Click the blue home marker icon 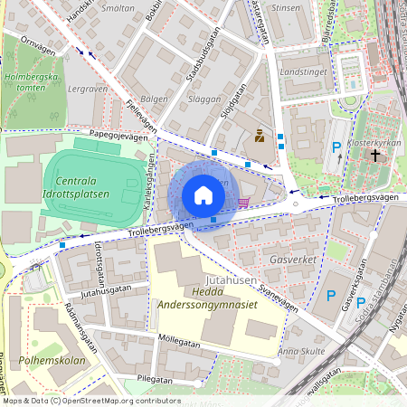click(203, 195)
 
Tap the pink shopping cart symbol click(242, 202)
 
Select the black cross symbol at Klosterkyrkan click(375, 155)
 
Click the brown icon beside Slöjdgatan click(260, 137)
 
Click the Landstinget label click(302, 70)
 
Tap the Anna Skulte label click(301, 351)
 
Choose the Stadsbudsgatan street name click(202, 59)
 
